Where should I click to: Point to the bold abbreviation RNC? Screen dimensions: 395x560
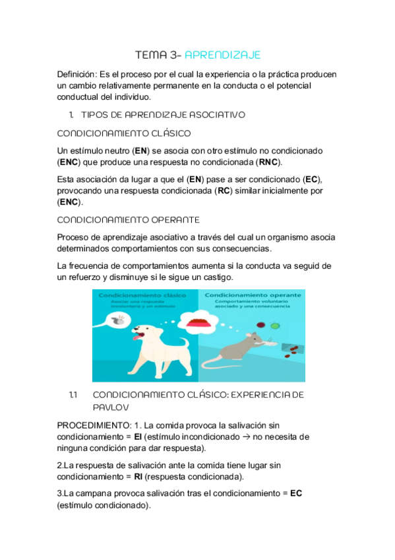(268, 162)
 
